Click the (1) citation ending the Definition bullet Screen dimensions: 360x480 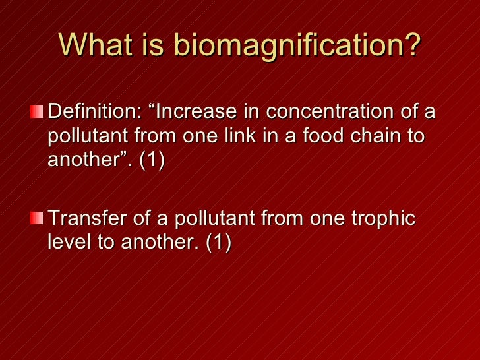point(152,161)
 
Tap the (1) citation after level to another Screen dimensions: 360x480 point(218,243)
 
